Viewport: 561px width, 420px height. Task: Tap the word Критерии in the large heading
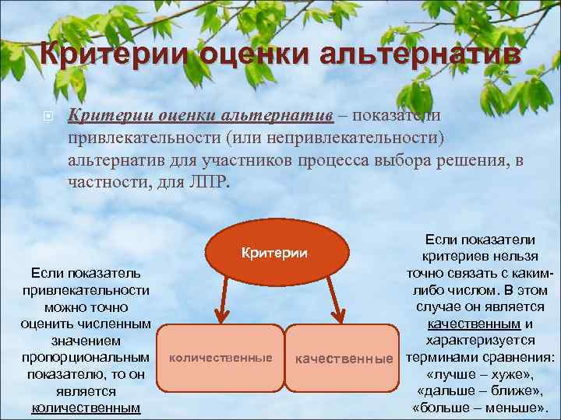[x=112, y=55]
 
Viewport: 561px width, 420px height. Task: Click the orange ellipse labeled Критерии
[x=274, y=253]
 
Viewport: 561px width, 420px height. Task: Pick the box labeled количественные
[x=221, y=358]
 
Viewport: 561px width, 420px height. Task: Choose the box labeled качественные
[x=342, y=358]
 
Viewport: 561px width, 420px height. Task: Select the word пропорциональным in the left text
[x=86, y=357]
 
